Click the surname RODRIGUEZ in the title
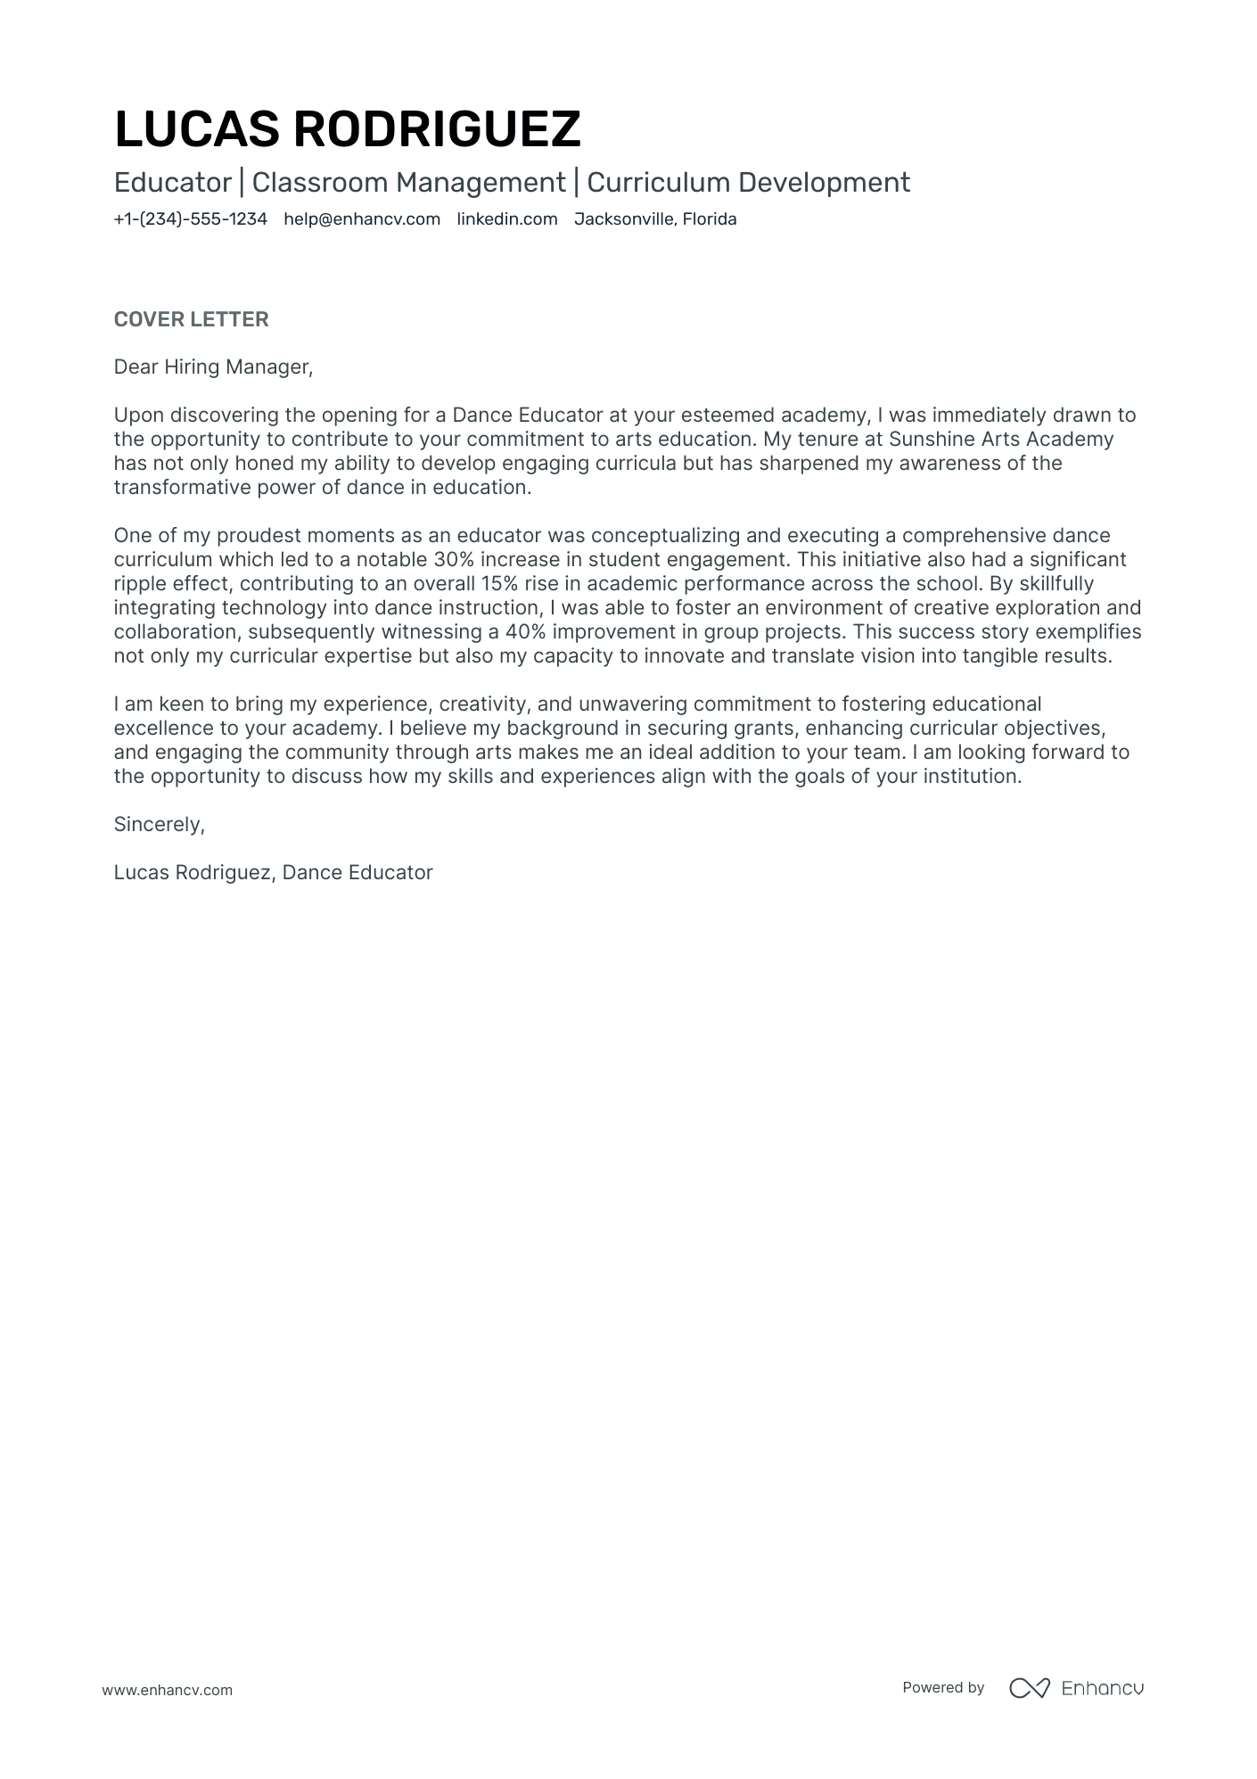coord(437,129)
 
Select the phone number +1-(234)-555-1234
coord(190,219)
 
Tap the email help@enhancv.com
coord(362,219)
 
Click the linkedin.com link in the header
coord(506,219)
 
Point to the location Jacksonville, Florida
coord(655,219)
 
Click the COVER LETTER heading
coord(191,319)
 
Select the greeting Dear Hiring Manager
coord(213,367)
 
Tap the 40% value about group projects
coord(525,632)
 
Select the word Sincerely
coord(159,824)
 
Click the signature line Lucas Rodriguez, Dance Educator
coord(273,872)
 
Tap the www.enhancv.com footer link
coord(167,1690)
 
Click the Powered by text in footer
coord(942,1687)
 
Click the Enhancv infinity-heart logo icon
coord(1029,1687)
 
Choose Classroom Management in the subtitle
coord(408,183)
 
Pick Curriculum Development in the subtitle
coord(748,183)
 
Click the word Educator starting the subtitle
coord(173,183)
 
